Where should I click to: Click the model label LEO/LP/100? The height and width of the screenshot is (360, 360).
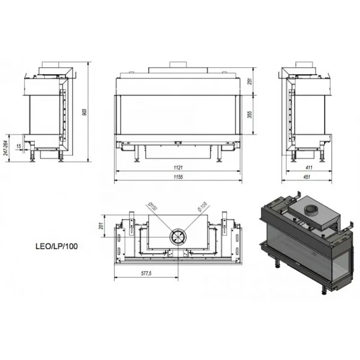[56, 247]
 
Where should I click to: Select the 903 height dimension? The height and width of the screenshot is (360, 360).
[85, 112]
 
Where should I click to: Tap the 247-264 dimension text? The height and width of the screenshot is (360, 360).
[6, 148]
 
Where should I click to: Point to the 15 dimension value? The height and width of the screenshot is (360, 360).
[19, 146]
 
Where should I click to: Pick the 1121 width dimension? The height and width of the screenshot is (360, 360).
[178, 167]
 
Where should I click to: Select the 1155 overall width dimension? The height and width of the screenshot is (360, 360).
[178, 177]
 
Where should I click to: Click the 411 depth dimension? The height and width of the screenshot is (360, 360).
[309, 167]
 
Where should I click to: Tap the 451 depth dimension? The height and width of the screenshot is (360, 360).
[307, 177]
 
